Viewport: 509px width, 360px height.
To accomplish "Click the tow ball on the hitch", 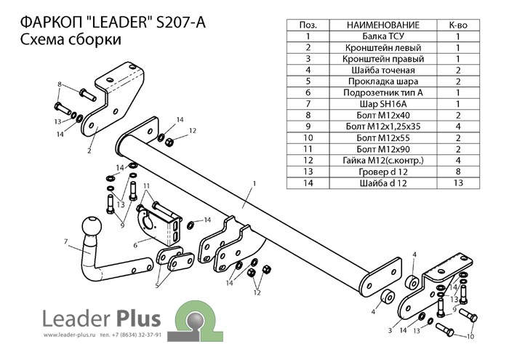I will (93, 227).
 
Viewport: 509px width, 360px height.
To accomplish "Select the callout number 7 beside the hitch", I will (65, 241).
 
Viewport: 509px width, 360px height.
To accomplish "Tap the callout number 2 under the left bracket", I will (89, 151).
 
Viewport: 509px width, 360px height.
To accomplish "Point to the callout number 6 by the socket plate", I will (135, 246).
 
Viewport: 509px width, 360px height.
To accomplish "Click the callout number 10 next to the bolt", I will (470, 337).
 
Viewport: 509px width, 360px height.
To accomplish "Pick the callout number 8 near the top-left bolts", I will (59, 84).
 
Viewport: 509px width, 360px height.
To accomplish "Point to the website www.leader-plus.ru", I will (69, 335).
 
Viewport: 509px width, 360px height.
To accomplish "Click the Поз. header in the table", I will (308, 24).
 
